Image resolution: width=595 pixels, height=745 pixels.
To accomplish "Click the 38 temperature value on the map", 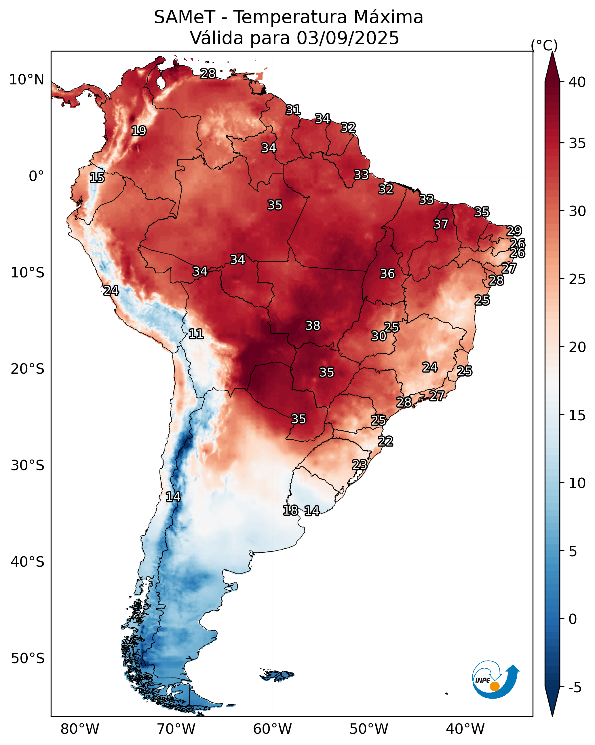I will coord(313,326).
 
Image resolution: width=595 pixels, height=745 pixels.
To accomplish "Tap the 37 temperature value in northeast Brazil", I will coord(441,224).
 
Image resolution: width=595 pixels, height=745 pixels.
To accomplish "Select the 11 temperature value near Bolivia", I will coord(196,334).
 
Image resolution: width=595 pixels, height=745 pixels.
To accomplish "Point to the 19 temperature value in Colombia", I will coord(139,131).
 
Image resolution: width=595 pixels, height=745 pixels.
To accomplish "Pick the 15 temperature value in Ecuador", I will coord(97,178).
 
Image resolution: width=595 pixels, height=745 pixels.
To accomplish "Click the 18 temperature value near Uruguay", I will coord(290,510).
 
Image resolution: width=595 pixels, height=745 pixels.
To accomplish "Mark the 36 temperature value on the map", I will coord(387,274).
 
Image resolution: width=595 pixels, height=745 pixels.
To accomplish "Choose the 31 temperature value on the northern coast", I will coord(293,110).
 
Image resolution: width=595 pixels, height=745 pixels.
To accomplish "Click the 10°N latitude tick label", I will coord(26,80).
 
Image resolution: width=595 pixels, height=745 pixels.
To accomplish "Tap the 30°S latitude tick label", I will coord(28,466).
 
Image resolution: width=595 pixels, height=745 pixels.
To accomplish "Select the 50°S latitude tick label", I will coord(28,658).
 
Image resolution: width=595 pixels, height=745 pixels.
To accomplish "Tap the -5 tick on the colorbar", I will coord(575,688).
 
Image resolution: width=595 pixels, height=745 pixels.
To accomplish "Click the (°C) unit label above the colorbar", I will coord(544,45).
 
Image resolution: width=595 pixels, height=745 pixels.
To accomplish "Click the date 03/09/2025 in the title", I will coord(347,38).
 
